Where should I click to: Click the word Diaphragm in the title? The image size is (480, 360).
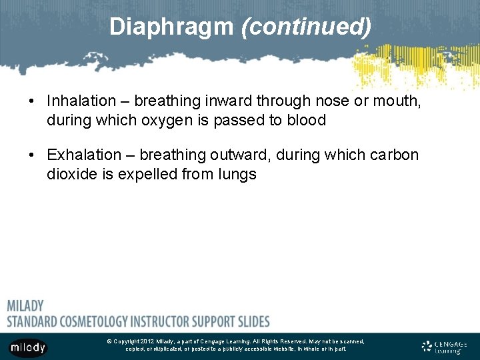(x=171, y=27)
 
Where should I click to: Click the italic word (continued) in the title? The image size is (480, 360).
(x=306, y=27)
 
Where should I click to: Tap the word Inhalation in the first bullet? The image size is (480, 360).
(x=81, y=101)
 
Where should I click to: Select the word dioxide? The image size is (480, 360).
(x=71, y=175)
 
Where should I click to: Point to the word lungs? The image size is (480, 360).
(x=239, y=175)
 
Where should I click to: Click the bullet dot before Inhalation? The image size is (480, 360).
(x=32, y=101)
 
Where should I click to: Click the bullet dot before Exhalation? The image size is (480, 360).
(x=32, y=155)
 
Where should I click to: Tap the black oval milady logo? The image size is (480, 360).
(x=28, y=347)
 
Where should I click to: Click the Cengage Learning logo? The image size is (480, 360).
(x=444, y=347)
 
